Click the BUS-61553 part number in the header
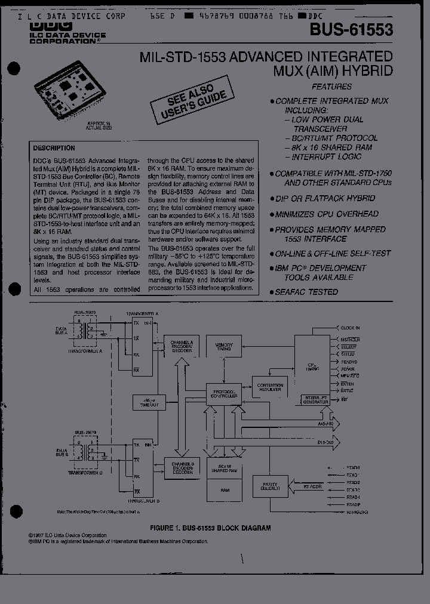point(352,30)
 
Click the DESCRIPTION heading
point(54,148)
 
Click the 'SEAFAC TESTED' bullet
point(306,292)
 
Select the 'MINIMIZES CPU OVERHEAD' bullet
point(327,214)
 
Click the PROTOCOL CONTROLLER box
point(225,393)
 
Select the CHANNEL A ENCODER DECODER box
point(183,347)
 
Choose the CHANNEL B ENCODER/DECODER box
point(183,466)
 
